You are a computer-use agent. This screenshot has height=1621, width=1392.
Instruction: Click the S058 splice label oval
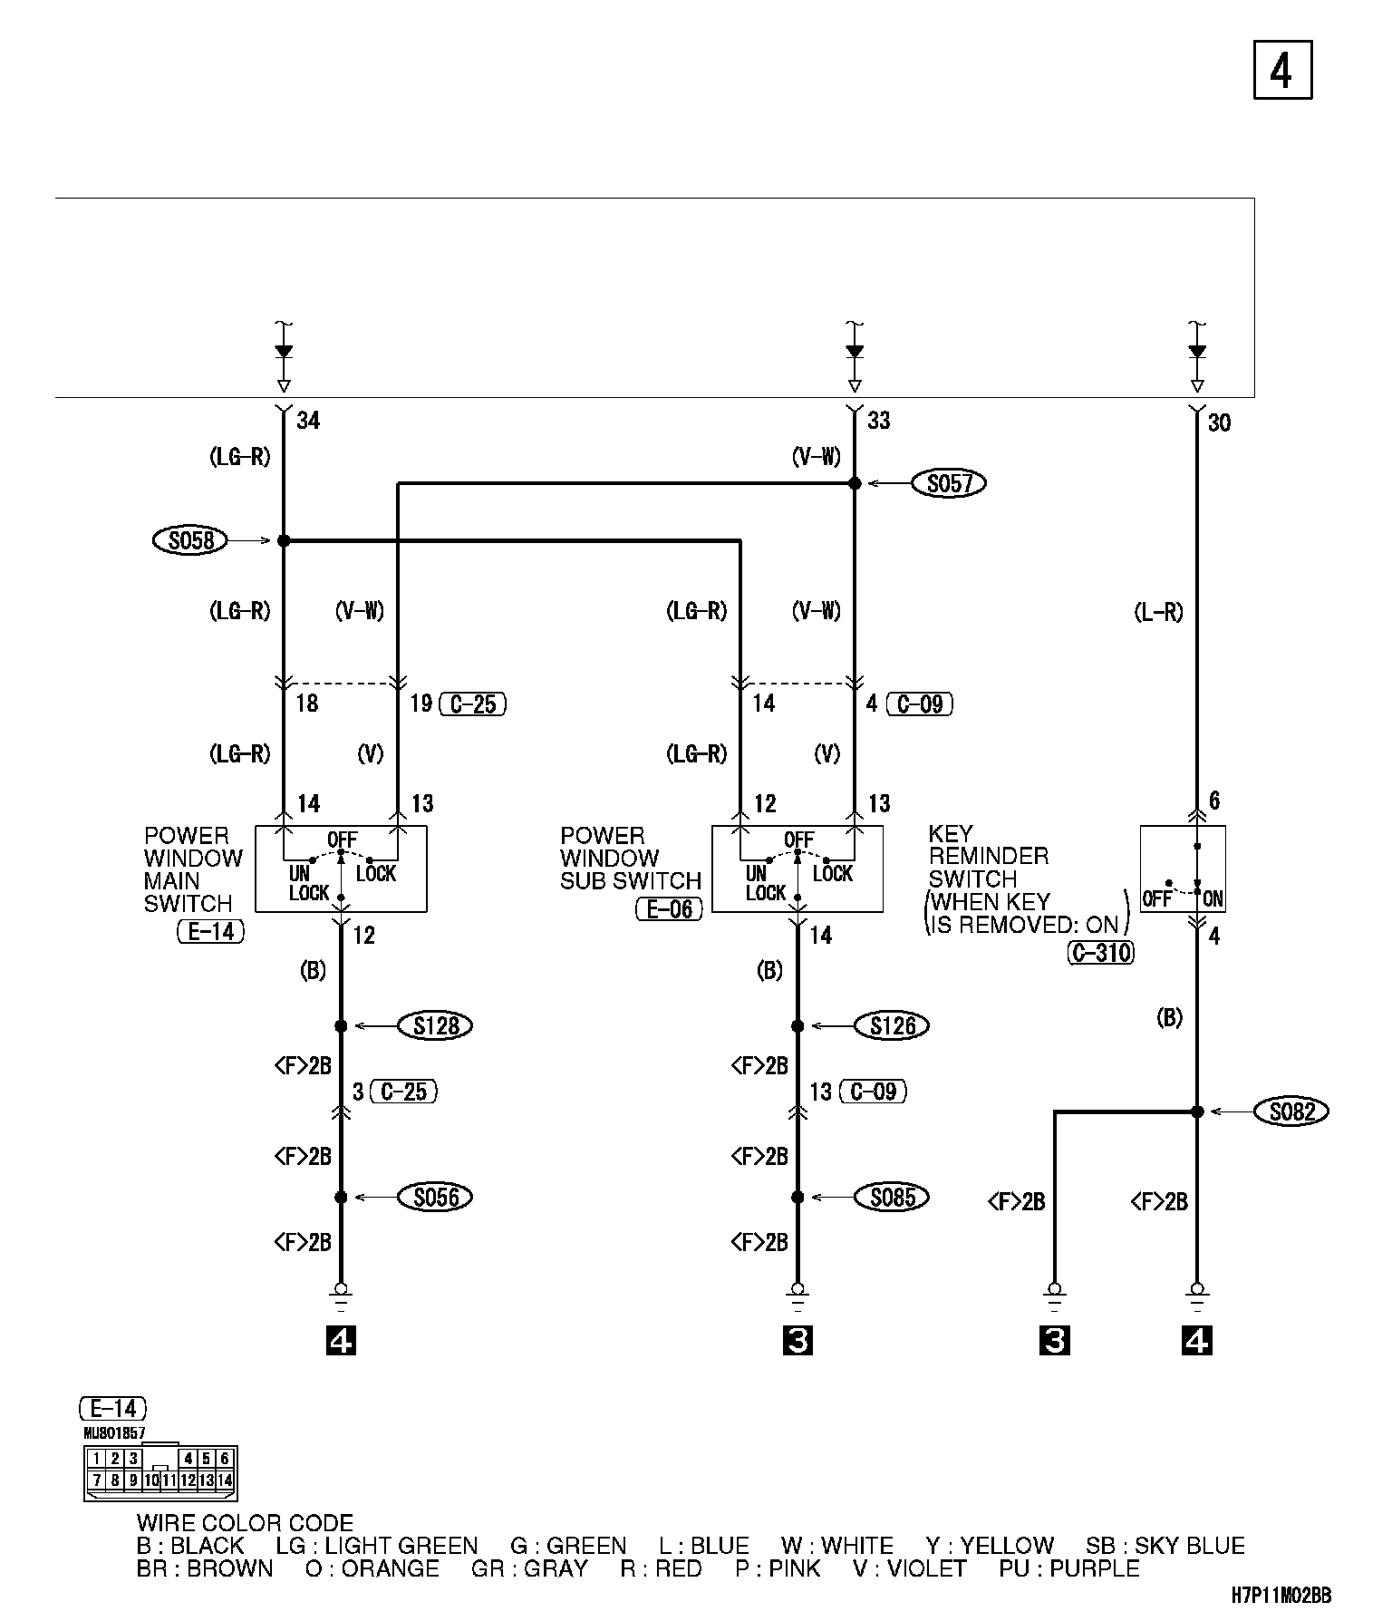191,541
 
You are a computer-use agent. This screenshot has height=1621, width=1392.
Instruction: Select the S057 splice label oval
949,484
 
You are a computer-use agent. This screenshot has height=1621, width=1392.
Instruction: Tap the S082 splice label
1291,1111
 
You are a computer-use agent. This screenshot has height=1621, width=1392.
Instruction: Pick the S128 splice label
436,1025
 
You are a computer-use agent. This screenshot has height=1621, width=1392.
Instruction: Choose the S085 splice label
893,1197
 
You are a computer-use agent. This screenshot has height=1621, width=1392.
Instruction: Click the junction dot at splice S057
855,484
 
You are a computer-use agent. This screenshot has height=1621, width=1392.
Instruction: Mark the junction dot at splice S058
283,541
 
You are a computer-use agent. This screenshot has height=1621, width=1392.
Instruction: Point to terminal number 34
308,421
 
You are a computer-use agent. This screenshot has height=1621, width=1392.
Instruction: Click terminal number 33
878,421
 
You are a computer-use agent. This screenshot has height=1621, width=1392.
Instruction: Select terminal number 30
1219,423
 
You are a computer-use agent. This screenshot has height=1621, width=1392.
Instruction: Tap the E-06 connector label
670,909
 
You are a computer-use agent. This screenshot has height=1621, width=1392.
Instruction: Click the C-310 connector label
1101,952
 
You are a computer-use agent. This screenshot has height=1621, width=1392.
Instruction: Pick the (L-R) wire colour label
1158,613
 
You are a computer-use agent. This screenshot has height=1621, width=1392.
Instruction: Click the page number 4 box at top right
1282,70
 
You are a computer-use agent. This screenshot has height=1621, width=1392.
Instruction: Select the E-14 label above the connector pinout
113,1408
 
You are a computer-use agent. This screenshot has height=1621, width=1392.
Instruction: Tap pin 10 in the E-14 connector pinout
151,1480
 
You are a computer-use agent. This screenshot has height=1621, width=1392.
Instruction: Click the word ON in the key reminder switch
1213,899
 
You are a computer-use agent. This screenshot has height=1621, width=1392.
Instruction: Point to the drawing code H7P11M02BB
1281,1596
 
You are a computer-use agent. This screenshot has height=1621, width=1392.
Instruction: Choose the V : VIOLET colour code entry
909,1569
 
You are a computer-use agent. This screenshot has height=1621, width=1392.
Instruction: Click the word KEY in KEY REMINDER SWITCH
951,833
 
